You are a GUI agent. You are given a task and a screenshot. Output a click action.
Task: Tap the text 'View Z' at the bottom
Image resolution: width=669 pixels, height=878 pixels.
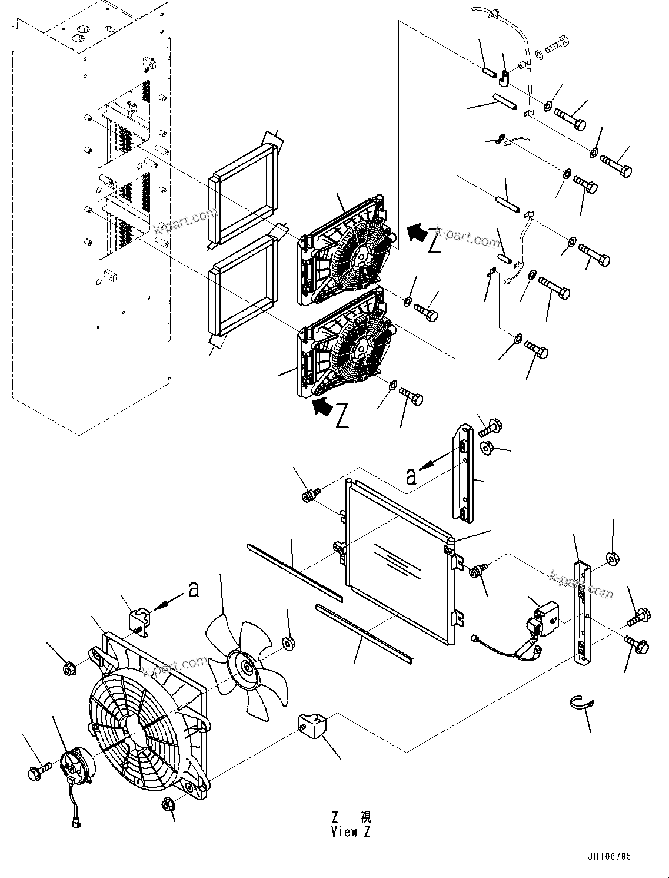tap(351, 832)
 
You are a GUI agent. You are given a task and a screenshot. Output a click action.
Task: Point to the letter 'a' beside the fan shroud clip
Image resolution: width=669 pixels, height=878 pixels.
tap(192, 589)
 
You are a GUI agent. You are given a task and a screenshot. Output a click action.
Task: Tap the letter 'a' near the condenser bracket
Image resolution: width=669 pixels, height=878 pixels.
tap(412, 475)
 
